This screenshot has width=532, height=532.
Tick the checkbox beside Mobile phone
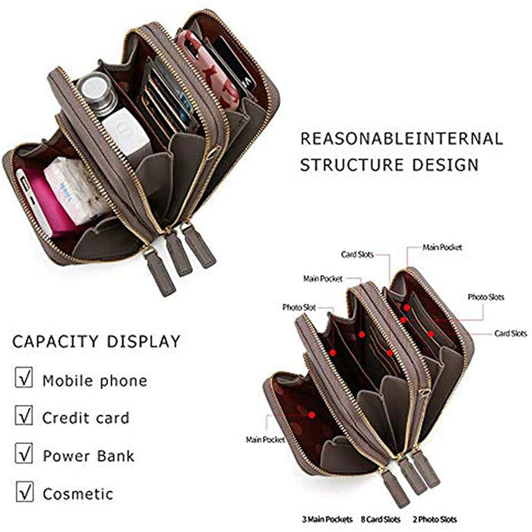tap(24, 378)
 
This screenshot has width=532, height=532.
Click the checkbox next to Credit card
tap(24, 416)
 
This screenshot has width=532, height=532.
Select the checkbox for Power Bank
tap(24, 454)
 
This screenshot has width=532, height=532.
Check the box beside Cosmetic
tap(24, 492)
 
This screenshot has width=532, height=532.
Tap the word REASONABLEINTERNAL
tap(401, 139)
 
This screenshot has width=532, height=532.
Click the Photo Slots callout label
tap(486, 297)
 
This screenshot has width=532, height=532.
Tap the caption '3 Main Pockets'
tap(324, 518)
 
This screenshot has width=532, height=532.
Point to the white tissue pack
tap(76, 190)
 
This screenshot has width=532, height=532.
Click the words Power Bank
tap(88, 456)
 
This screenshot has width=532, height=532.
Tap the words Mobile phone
tap(94, 380)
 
